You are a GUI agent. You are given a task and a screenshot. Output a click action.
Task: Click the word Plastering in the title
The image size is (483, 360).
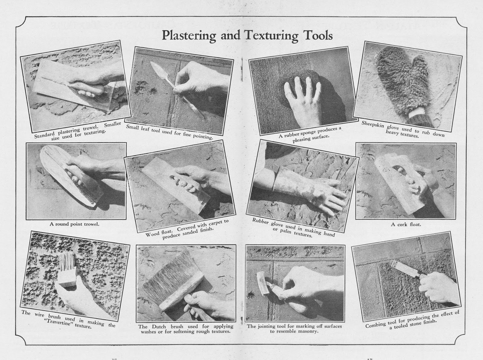(188, 36)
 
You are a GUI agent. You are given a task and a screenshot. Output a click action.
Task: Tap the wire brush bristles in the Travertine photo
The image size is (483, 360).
(67, 262)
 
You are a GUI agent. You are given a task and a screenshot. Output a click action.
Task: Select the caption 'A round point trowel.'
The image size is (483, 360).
(75, 224)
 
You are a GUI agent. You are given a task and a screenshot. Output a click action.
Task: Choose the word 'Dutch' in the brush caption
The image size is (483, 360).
(158, 326)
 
